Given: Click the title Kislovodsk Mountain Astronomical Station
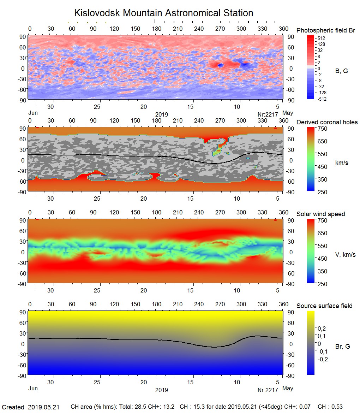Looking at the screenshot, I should click(x=163, y=13).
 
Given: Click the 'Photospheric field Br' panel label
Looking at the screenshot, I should click(x=326, y=30).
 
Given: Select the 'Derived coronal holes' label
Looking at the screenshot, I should click(x=327, y=122).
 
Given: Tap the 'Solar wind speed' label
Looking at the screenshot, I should click(x=320, y=214).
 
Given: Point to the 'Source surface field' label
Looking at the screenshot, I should click(x=324, y=306).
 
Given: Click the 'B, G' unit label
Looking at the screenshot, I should click(x=341, y=71).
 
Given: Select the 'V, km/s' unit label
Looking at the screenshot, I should click(x=345, y=255).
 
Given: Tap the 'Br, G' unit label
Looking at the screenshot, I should click(x=342, y=347).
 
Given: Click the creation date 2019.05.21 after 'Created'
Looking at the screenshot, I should click(x=43, y=407).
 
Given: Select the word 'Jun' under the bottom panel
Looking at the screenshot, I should click(x=33, y=389).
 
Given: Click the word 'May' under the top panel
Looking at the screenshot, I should click(x=288, y=113).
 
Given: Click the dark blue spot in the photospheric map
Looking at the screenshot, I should click(x=221, y=65).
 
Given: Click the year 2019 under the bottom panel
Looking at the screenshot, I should click(x=161, y=390).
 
